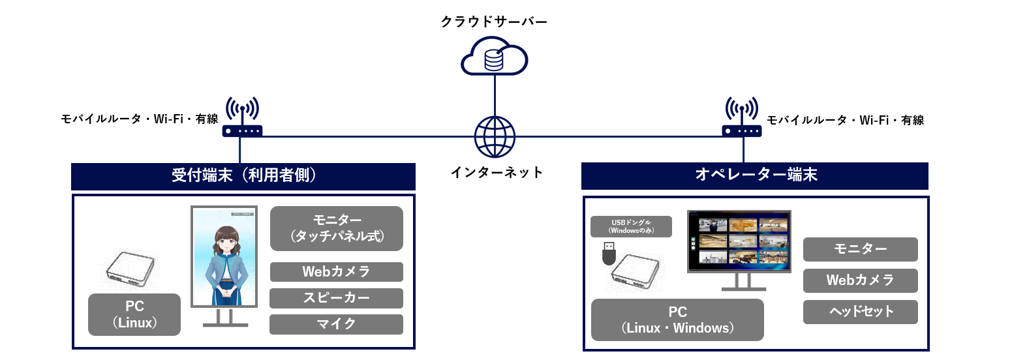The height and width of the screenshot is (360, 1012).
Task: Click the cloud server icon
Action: point(494,57)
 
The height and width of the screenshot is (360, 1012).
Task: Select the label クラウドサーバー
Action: point(494,21)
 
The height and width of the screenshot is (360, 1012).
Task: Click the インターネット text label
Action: point(497,172)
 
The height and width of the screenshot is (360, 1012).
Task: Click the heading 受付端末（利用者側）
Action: point(243,175)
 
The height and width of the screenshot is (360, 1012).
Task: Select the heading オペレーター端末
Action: point(755,175)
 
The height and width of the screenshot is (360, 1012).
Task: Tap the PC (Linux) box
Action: point(134,314)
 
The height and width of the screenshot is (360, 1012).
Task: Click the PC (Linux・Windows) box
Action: point(677,320)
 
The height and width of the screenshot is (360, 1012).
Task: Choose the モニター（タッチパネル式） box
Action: point(336,228)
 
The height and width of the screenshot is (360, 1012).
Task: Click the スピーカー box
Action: point(336,298)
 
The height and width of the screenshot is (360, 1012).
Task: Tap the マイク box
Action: point(336,324)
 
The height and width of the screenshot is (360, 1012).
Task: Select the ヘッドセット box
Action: point(860,312)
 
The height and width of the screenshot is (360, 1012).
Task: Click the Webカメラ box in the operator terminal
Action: point(860,280)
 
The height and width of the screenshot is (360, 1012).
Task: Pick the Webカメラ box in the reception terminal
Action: point(336,272)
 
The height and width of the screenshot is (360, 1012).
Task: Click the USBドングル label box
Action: point(630,226)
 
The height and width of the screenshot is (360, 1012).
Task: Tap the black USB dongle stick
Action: point(608,253)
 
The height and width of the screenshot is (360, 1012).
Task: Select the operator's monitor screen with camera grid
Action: point(739,241)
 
